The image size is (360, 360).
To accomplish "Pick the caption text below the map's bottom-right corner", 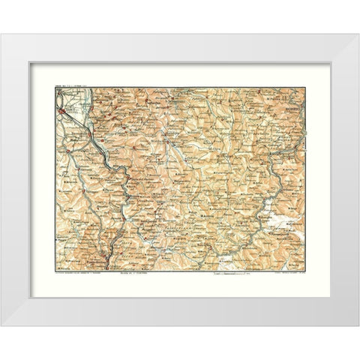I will [283, 276].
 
